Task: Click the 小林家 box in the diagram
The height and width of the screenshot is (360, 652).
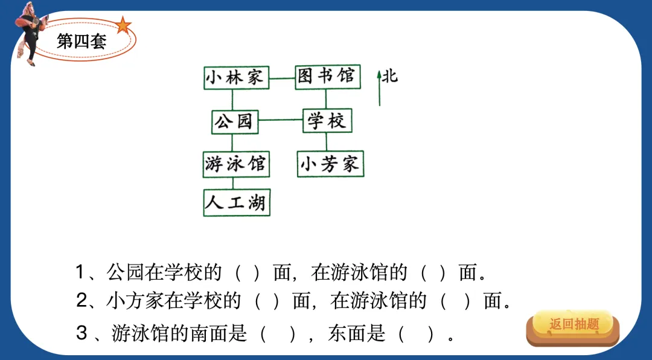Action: click(235, 78)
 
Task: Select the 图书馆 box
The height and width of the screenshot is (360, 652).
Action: click(327, 77)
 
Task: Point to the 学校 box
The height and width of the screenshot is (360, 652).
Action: click(327, 121)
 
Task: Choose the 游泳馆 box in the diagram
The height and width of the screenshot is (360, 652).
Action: click(235, 164)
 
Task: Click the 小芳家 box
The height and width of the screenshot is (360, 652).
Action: click(330, 164)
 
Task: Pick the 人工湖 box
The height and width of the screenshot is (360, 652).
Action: click(236, 203)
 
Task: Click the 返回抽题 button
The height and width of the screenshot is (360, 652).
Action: click(573, 325)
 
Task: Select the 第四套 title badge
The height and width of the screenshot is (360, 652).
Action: click(82, 41)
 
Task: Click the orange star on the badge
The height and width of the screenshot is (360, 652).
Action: click(123, 25)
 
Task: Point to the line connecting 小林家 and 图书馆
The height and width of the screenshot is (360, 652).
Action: click(281, 78)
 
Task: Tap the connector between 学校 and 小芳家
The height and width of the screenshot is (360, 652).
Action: click(327, 142)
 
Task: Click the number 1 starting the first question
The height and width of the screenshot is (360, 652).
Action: click(80, 272)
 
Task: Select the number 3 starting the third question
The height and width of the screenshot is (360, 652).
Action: click(82, 333)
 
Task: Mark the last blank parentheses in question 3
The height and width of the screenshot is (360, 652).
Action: click(416, 333)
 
